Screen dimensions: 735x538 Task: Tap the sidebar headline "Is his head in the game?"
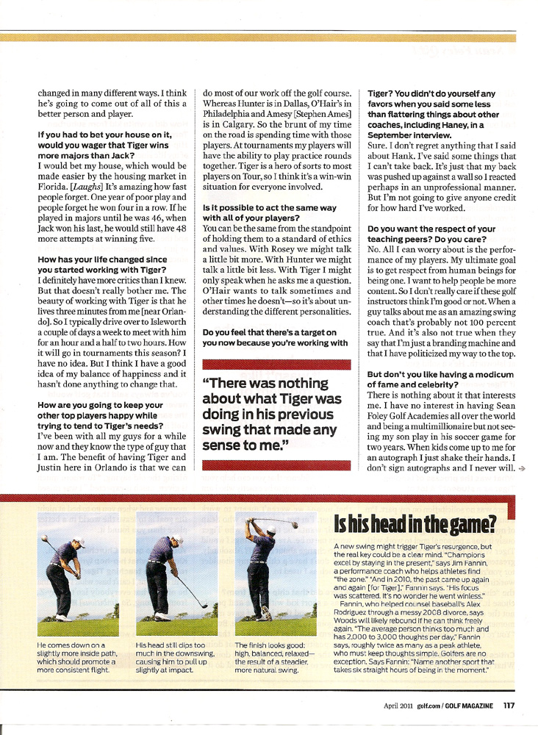pos(415,525)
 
